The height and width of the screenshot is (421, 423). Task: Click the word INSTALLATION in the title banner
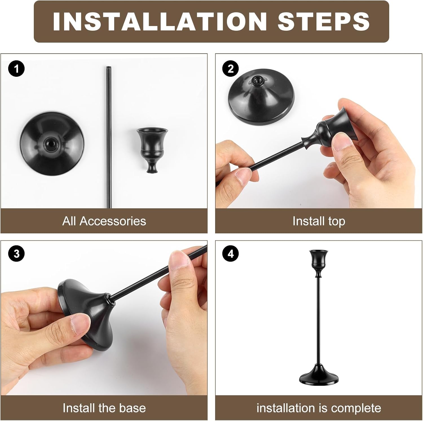(x=160, y=22)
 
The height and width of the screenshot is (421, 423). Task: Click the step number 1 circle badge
(x=17, y=69)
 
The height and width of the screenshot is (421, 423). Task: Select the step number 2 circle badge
(x=230, y=69)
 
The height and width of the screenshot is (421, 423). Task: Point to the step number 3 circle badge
(x=17, y=253)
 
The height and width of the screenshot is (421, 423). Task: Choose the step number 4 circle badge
(x=230, y=253)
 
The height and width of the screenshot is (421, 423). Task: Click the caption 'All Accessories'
(x=104, y=221)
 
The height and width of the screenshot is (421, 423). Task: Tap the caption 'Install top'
(x=319, y=221)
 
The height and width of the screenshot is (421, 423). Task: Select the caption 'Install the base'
(x=104, y=408)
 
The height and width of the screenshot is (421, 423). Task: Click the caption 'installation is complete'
(x=319, y=408)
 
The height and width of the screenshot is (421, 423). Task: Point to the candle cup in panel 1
(x=152, y=148)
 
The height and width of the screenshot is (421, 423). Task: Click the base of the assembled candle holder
(x=319, y=376)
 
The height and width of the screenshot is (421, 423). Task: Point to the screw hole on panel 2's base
(x=257, y=80)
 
